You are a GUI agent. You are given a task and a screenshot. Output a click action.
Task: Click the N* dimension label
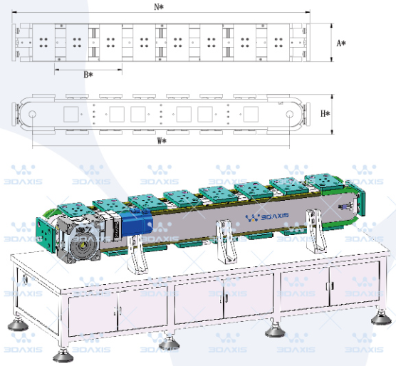159,6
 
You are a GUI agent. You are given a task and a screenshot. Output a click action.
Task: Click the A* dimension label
341,43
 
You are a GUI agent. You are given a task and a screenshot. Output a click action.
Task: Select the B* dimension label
88,75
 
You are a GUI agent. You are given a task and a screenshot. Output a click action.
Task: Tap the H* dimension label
325,114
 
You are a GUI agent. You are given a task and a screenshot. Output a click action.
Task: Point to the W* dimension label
162,140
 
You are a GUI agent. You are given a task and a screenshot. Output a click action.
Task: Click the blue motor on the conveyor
136,223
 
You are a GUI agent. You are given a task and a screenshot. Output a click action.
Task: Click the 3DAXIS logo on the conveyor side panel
267,217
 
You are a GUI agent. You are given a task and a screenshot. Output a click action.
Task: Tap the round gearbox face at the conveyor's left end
82,244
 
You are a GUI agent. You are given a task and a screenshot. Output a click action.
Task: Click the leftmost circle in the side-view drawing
32,114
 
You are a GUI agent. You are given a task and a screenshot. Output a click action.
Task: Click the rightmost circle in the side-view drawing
289,114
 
